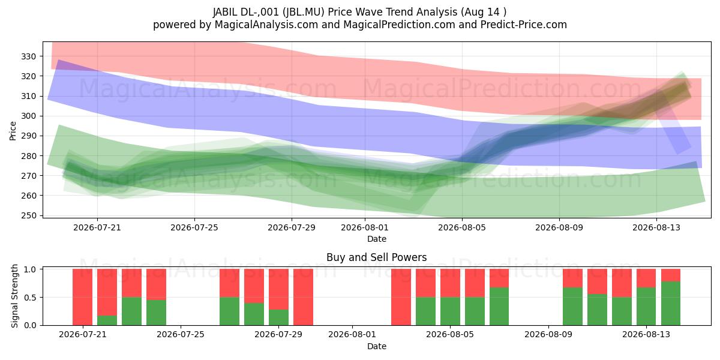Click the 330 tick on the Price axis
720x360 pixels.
click(28, 56)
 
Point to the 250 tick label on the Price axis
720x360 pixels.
click(28, 215)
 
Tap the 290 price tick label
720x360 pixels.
click(28, 136)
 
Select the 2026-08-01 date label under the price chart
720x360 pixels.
click(365, 227)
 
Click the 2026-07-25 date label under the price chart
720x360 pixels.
click(194, 227)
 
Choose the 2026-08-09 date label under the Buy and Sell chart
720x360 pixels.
click(548, 335)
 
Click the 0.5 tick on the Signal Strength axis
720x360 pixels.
click(30, 298)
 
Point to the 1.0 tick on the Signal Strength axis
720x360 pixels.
click(30, 269)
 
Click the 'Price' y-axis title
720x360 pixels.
click(13, 131)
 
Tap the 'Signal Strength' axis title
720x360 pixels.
click(14, 296)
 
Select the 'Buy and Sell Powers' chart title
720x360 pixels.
click(376, 257)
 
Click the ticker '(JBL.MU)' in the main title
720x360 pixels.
click(304, 12)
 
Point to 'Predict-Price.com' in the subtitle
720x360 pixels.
click(524, 25)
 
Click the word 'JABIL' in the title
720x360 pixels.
click(225, 12)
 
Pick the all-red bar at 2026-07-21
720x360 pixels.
click(83, 297)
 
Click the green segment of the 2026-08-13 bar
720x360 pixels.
click(646, 307)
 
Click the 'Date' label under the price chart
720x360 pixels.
click(377, 239)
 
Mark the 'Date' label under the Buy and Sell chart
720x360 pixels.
click(377, 346)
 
